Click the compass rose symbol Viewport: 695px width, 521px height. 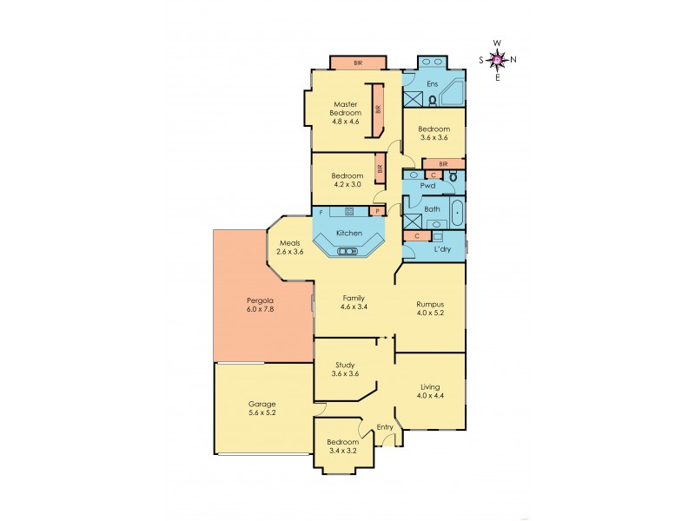[x=497, y=59]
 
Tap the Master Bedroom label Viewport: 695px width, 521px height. [x=345, y=113]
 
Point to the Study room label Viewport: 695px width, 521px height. [x=345, y=368]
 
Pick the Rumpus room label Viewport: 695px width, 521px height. [x=430, y=309]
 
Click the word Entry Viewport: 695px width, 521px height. [x=385, y=426]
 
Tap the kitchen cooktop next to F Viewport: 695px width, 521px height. [x=348, y=211]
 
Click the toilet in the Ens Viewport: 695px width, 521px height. [x=432, y=101]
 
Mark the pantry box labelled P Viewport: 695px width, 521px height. [x=378, y=211]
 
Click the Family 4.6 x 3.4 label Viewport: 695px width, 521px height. [x=353, y=302]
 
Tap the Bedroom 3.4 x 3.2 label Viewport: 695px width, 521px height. [x=343, y=447]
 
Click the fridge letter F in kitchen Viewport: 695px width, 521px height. [x=321, y=211]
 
